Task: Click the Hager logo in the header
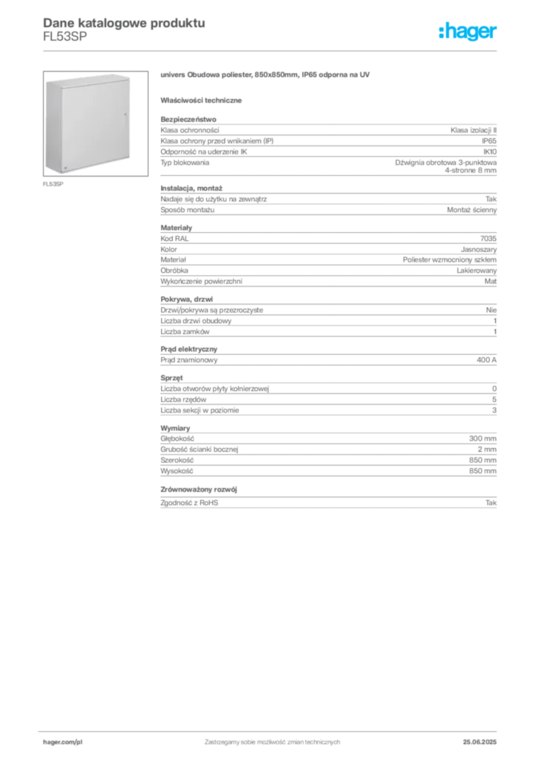pos(467,31)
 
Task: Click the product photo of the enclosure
pos(95,123)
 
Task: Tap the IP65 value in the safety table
pos(488,141)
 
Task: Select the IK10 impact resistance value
pos(490,152)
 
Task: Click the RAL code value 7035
pos(488,239)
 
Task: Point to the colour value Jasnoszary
pos(479,250)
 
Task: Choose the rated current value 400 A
pos(486,360)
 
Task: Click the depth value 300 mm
pos(483,438)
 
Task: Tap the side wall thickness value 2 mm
pos(487,449)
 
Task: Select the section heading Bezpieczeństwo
pos(188,119)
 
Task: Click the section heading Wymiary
pos(175,428)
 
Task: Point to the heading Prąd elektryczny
pos(188,349)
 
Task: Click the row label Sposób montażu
pos(187,210)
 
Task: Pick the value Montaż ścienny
pos(471,210)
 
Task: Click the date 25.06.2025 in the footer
pos(480,742)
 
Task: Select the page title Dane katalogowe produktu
pos(124,23)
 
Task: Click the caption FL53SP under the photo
pos(53,184)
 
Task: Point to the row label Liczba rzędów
pos(183,400)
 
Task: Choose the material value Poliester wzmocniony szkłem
pos(449,259)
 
